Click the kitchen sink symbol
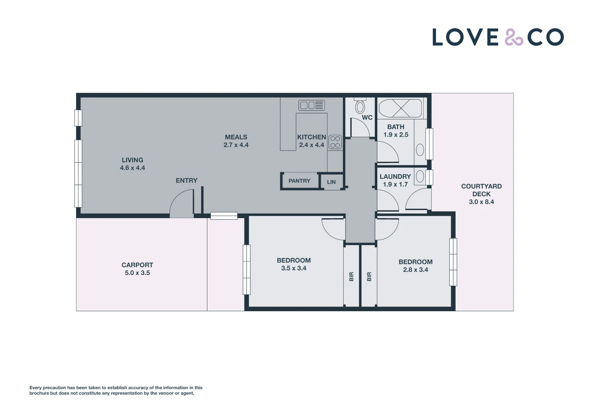click(x=311, y=105)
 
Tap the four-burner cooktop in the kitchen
click(x=335, y=142)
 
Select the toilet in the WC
click(x=360, y=106)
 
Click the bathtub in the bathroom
click(x=400, y=108)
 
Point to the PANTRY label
click(x=299, y=181)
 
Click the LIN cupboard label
click(x=331, y=182)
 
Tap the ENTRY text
click(x=186, y=180)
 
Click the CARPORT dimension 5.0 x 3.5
click(x=137, y=273)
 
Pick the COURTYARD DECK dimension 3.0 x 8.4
click(x=481, y=202)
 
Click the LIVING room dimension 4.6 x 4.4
click(x=132, y=168)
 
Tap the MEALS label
click(x=236, y=137)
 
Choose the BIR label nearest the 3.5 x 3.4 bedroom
click(x=351, y=276)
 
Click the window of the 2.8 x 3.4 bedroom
click(x=453, y=262)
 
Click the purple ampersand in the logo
click(x=514, y=37)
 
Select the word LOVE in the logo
click(x=466, y=37)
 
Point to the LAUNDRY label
click(x=395, y=176)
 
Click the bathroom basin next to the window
click(x=420, y=150)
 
